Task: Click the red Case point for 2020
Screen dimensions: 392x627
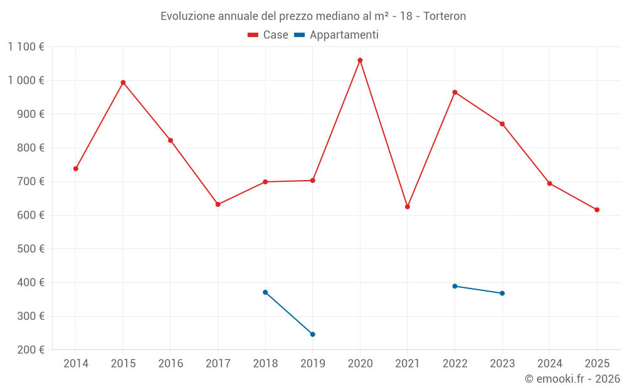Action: [360, 60]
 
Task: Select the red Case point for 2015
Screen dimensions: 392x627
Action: [123, 82]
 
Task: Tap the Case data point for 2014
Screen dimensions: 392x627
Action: [76, 169]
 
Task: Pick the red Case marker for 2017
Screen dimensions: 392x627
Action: [218, 204]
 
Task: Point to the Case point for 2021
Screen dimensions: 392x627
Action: [408, 206]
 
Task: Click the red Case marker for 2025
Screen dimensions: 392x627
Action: [597, 209]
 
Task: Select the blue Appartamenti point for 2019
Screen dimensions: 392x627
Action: [313, 334]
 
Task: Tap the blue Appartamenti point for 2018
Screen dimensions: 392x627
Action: [265, 292]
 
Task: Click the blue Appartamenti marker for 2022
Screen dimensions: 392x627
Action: [455, 286]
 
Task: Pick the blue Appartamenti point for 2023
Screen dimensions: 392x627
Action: [502, 294]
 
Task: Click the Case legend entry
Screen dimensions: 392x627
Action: [268, 35]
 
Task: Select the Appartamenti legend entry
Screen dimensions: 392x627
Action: [337, 35]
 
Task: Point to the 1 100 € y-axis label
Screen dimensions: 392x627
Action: [26, 46]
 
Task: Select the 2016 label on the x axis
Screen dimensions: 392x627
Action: [171, 363]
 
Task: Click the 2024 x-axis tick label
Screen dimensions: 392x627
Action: [550, 363]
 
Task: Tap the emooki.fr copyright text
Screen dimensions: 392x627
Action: [572, 379]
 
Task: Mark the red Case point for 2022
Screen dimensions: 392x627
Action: [455, 92]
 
